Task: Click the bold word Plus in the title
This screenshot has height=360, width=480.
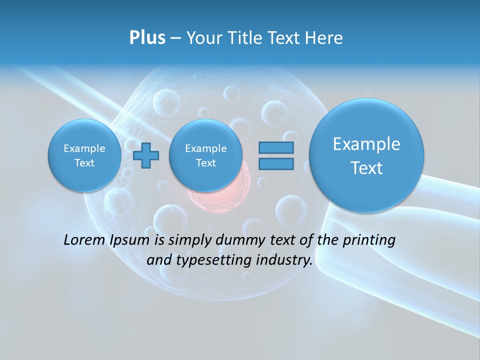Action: tap(147, 37)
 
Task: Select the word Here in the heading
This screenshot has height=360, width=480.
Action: tap(325, 37)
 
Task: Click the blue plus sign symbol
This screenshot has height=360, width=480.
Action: tap(146, 155)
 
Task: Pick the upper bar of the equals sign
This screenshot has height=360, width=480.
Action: tap(276, 147)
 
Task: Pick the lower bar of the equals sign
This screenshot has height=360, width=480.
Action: tap(276, 163)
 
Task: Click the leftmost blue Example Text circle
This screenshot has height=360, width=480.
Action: tap(84, 155)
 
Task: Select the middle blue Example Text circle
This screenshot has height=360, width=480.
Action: tap(205, 155)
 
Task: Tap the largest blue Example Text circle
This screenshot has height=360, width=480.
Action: tap(366, 155)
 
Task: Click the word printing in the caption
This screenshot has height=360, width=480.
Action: tap(369, 240)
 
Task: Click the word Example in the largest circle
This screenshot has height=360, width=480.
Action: tap(366, 144)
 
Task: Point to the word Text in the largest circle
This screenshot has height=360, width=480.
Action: tap(366, 168)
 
